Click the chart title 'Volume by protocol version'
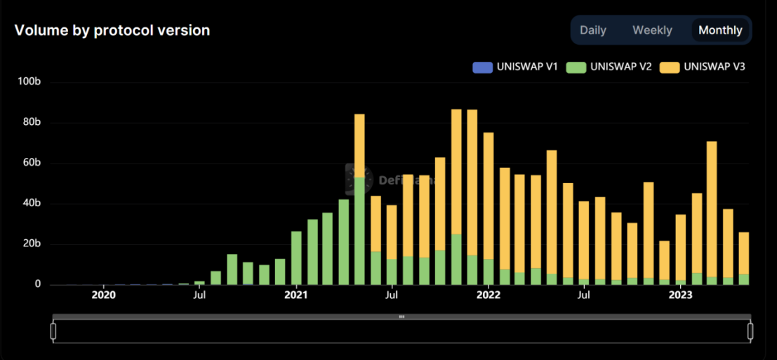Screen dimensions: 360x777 [112, 30]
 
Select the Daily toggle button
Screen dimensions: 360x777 [593, 30]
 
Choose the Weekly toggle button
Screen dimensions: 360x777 [652, 30]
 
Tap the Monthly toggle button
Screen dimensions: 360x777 [720, 30]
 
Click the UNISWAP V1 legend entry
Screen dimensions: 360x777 [515, 67]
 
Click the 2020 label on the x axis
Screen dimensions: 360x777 [104, 295]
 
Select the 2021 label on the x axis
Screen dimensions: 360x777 [296, 295]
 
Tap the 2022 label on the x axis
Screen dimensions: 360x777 [489, 295]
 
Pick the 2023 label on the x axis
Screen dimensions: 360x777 [680, 295]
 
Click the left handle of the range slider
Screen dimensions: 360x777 [53, 331]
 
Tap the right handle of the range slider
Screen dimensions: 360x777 [750, 331]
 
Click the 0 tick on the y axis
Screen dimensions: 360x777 [39, 285]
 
